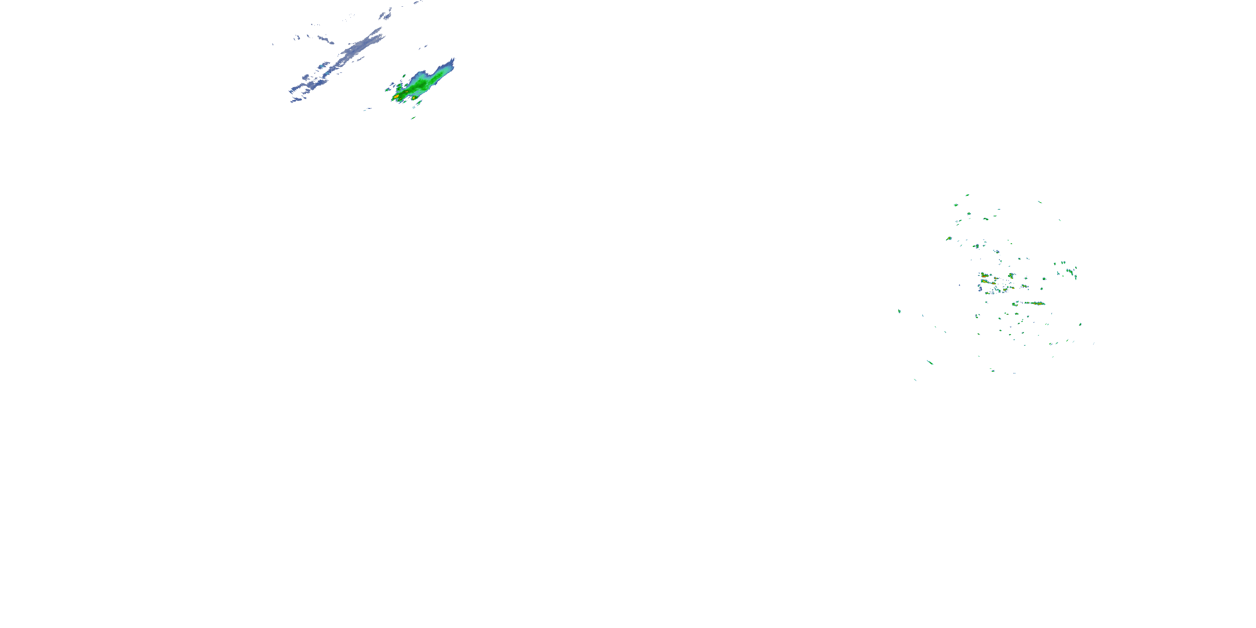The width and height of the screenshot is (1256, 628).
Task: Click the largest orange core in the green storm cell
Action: [x=396, y=97]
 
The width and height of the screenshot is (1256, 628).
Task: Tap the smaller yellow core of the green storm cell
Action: [x=414, y=98]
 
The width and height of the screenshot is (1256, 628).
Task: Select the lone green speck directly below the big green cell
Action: [x=413, y=118]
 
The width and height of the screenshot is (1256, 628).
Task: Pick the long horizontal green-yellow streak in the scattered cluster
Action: [x=1034, y=303]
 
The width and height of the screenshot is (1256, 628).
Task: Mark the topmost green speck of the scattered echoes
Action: [x=968, y=195]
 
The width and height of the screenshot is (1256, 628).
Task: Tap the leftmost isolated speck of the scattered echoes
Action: [x=899, y=311]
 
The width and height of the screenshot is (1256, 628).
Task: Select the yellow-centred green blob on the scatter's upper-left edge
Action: [x=949, y=238]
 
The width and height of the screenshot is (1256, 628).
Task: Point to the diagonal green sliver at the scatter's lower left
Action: [x=930, y=362]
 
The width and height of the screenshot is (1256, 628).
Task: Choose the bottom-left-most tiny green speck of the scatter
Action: [x=915, y=379]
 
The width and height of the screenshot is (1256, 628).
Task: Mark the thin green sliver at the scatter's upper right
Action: [x=1040, y=202]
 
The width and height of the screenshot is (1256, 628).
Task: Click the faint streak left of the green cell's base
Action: [x=368, y=109]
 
